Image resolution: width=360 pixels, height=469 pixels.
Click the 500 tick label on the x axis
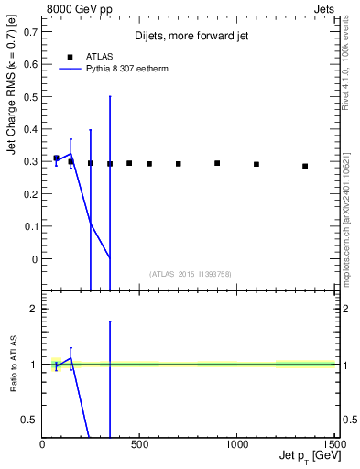139,446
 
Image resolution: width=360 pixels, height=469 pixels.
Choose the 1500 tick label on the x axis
334,446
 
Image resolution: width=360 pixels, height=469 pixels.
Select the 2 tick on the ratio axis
34,310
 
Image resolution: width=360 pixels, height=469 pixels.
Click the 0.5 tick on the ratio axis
30,420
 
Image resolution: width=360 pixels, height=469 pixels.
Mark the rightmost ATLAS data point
305,166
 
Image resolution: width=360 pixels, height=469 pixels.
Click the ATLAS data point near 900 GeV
217,163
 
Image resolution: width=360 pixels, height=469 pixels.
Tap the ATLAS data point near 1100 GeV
256,164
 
